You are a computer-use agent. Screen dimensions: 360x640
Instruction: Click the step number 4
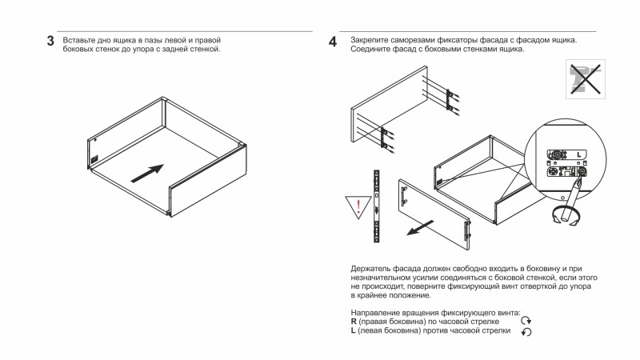click(x=333, y=41)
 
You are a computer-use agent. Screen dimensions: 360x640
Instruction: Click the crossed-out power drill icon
click(x=585, y=78)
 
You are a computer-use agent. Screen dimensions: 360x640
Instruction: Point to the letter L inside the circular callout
click(x=578, y=153)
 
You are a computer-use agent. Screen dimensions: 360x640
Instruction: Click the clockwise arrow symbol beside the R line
click(x=526, y=321)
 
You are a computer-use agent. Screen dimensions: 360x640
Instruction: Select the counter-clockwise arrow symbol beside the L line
click(x=526, y=332)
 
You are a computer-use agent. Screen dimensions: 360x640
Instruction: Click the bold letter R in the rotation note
click(x=354, y=321)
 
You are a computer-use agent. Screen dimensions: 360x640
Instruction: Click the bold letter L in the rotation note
click(x=353, y=330)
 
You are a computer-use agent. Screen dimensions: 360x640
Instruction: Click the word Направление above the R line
click(x=377, y=311)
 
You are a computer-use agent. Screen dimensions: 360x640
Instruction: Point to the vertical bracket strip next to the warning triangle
click(x=376, y=206)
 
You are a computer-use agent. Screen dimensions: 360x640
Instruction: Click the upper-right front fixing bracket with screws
click(x=452, y=98)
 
